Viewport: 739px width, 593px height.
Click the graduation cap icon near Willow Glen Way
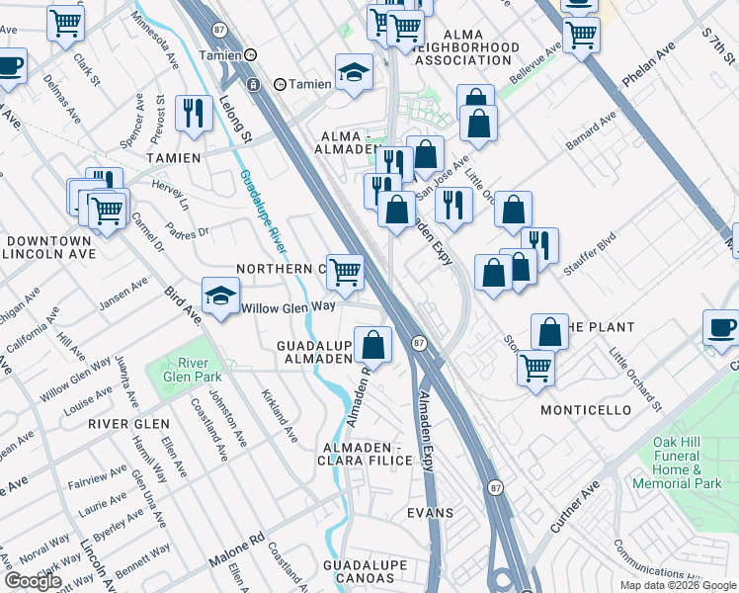click(x=220, y=295)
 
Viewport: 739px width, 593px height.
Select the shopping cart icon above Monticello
click(x=535, y=368)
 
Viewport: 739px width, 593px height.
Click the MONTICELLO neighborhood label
click(x=586, y=409)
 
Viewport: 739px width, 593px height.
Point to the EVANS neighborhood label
click(x=431, y=513)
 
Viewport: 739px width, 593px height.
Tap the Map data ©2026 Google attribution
click(x=677, y=585)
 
